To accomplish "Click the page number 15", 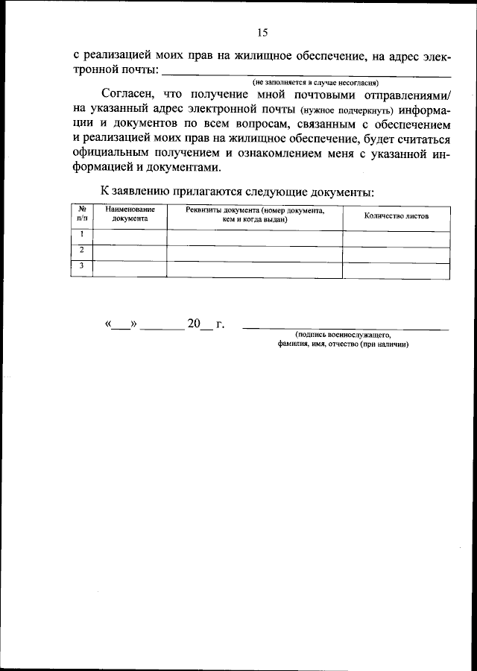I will pos(262,32).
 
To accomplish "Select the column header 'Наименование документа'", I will pos(130,215).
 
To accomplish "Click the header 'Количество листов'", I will pos(396,215).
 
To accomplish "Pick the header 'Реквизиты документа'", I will pos(255,215).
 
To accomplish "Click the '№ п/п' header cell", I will pos(82,215).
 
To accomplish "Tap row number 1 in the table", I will pos(82,236).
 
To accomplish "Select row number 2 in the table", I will pos(82,251).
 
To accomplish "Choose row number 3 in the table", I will pos(82,267).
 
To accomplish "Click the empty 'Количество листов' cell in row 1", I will pos(396,237).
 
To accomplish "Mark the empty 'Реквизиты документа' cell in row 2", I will pos(255,253).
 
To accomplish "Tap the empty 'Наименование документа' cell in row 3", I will pos(130,268).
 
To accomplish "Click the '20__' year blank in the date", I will pos(200,325).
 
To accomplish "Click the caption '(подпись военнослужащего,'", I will pos(343,336).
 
